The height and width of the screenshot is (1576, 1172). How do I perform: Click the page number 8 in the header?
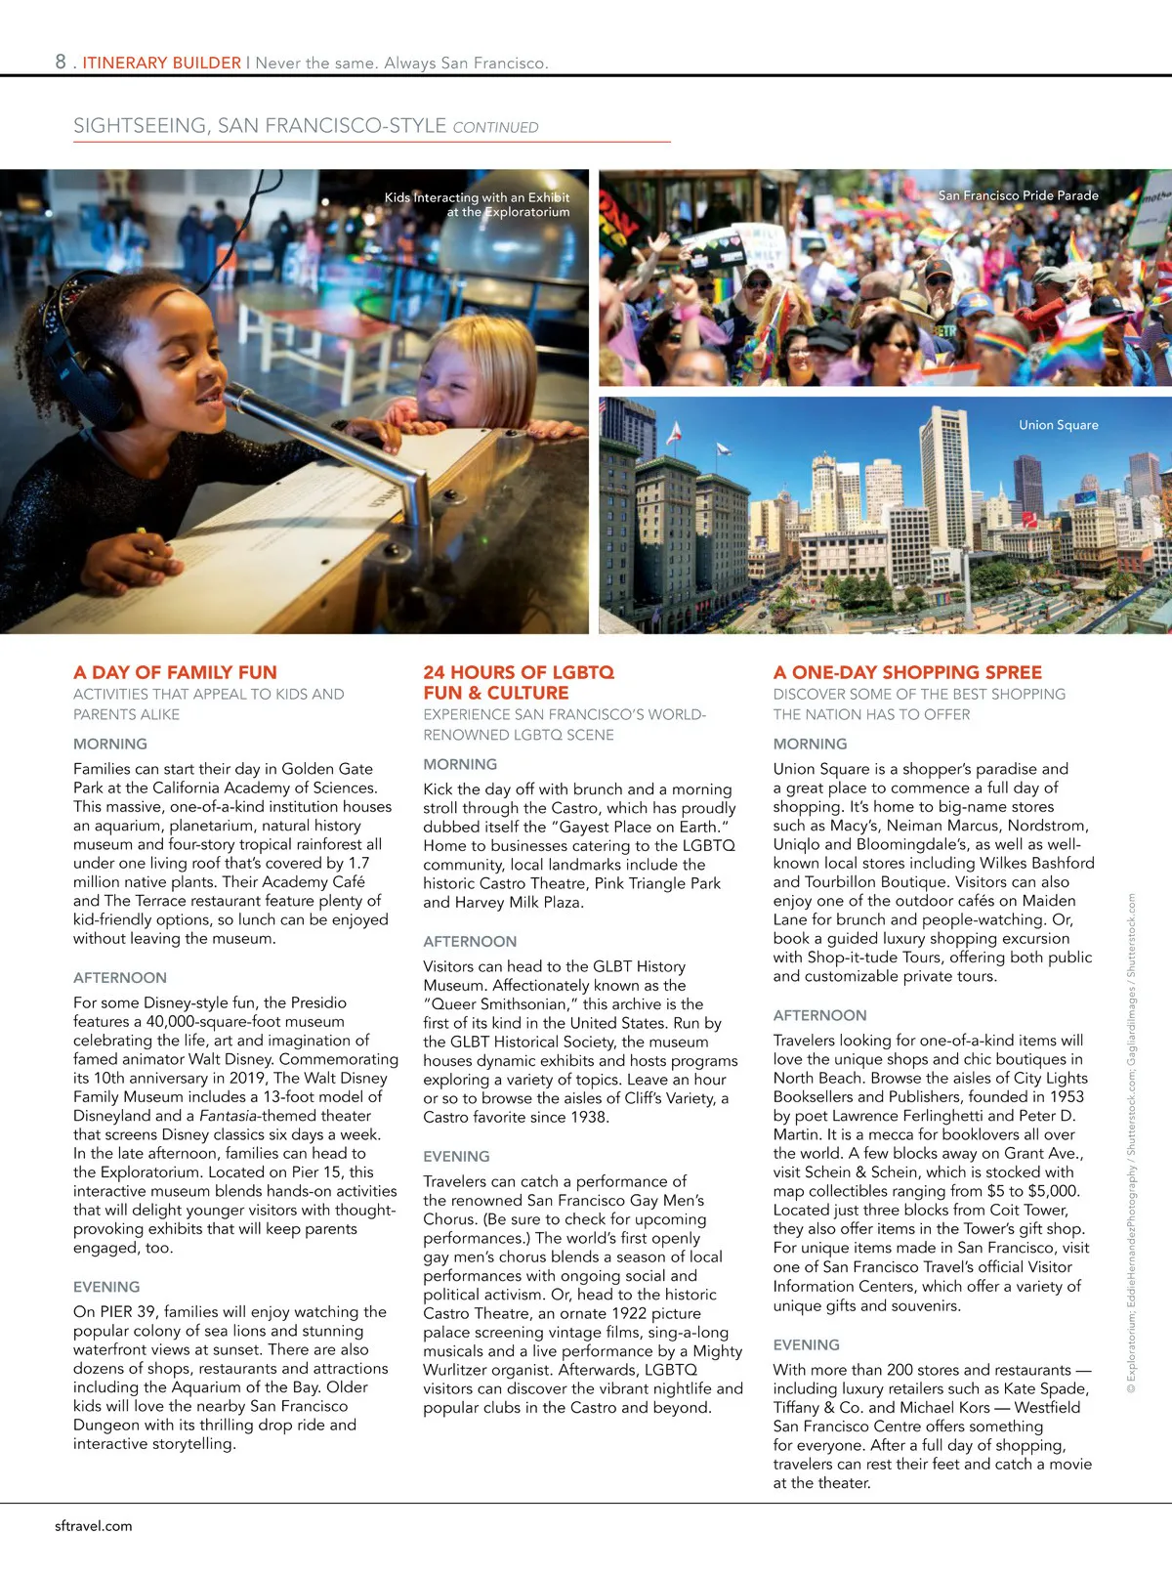(61, 62)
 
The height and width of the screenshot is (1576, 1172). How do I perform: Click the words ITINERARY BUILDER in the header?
(161, 63)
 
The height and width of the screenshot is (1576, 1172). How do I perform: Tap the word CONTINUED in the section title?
(495, 127)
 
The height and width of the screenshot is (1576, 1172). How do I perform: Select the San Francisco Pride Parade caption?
(1018, 195)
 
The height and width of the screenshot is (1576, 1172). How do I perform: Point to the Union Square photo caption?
(1058, 425)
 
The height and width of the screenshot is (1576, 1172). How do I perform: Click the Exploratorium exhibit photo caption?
(478, 204)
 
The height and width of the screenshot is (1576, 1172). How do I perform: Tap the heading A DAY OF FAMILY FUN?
(175, 672)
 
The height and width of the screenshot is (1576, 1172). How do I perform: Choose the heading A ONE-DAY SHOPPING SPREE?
(907, 672)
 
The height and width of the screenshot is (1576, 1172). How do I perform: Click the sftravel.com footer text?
(94, 1526)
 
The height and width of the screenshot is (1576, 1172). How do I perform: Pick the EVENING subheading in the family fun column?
(106, 1287)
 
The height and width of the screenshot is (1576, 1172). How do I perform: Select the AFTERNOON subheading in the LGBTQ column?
(470, 941)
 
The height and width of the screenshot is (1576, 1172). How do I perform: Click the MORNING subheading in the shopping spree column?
(810, 744)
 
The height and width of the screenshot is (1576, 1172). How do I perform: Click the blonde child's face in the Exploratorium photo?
(459, 381)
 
